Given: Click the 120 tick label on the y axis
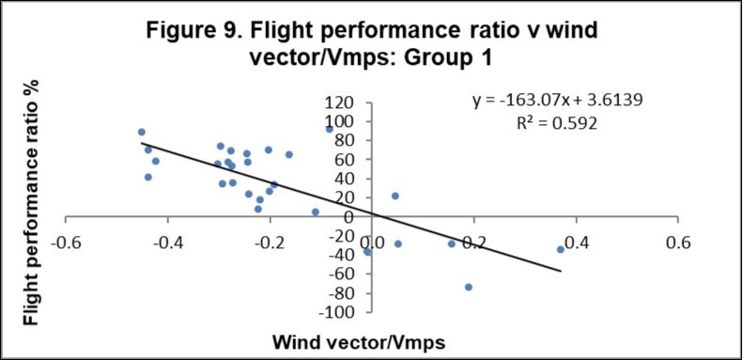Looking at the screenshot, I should pyautogui.click(x=340, y=102).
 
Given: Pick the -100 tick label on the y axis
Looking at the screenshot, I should pyautogui.click(x=337, y=312).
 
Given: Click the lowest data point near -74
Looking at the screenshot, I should pyautogui.click(x=469, y=287).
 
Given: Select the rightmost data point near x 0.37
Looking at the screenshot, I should pyautogui.click(x=561, y=249).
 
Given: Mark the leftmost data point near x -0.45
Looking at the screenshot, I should pyautogui.click(x=142, y=133).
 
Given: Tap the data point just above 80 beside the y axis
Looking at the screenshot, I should pyautogui.click(x=330, y=129).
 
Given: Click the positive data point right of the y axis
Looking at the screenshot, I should pyautogui.click(x=395, y=196).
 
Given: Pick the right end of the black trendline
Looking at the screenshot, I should pyautogui.click(x=561, y=271).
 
